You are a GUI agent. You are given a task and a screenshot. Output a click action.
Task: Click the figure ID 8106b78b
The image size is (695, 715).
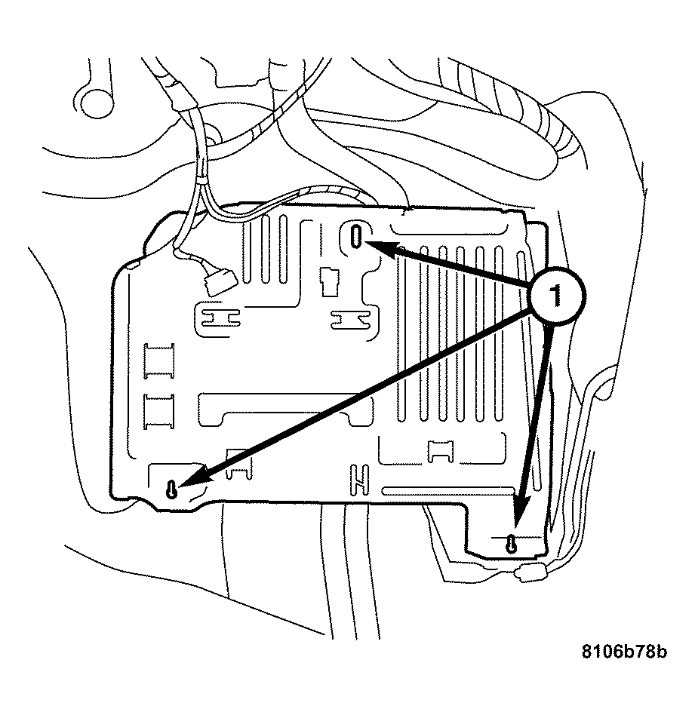(x=623, y=651)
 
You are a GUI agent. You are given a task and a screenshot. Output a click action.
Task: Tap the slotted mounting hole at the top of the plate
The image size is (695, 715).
(x=356, y=236)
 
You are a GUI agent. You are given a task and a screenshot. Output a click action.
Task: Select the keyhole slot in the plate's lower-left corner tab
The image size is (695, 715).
(x=173, y=489)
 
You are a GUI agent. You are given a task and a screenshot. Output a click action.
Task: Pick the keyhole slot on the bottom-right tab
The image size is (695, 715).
(x=512, y=542)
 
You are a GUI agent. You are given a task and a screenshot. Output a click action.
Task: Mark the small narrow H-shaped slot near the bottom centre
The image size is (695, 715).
(x=359, y=477)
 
